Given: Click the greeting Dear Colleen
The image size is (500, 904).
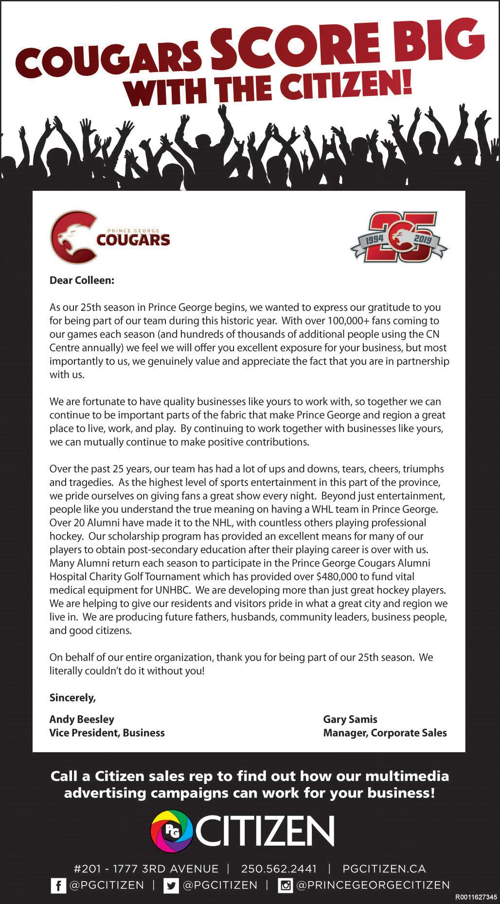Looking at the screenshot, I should point(82,280).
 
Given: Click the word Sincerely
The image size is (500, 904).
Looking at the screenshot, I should point(72,698).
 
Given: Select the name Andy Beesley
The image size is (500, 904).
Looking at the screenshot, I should point(82,719).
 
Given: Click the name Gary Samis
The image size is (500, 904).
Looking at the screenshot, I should point(350,719).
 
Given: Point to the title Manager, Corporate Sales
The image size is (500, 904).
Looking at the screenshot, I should point(385,733).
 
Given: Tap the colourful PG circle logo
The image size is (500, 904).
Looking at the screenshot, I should point(172,831).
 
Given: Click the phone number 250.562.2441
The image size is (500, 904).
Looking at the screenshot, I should point(279,868).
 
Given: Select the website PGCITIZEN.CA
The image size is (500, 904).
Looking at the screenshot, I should point(384,868).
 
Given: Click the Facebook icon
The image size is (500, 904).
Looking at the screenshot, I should point(58,886).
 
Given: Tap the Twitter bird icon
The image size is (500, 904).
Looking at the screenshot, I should point(171,886).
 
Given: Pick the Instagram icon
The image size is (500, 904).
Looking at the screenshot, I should point(285,886).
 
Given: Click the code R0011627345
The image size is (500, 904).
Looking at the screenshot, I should point(476,897).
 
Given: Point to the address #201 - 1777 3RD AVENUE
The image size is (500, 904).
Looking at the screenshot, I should point(146,868).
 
